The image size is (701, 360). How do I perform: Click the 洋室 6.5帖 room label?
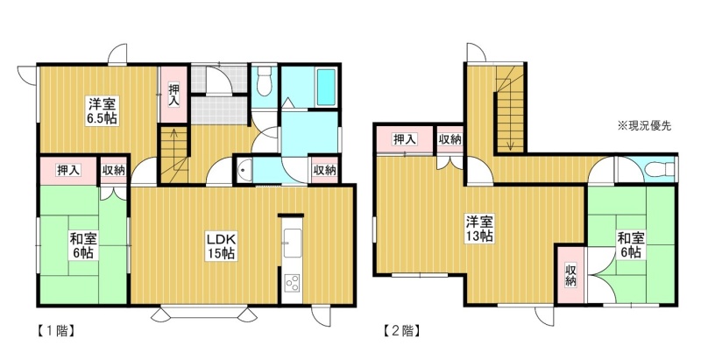click(103, 111)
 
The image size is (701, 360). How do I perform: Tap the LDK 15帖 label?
click(221, 245)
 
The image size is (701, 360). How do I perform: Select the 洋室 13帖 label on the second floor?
click(479, 229)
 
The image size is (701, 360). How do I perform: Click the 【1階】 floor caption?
click(54, 331)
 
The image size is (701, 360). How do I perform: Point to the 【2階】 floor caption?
click(402, 331)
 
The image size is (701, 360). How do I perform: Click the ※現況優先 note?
click(644, 126)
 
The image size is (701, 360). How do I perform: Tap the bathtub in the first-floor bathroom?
click(326, 87)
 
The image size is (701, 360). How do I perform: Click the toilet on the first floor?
click(265, 81)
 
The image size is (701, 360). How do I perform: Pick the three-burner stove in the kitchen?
click(293, 283)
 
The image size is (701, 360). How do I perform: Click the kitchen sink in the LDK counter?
click(293, 243)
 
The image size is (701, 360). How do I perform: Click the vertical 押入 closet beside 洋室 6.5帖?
click(173, 95)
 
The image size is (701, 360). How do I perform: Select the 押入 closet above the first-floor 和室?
click(69, 170)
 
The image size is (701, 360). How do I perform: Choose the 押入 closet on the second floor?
click(405, 139)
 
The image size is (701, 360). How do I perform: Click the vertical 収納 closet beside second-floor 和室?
click(570, 274)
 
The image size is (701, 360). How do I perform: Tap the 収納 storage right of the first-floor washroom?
click(325, 170)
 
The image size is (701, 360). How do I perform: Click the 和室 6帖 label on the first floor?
click(82, 245)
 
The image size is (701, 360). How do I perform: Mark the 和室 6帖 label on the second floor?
click(630, 244)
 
